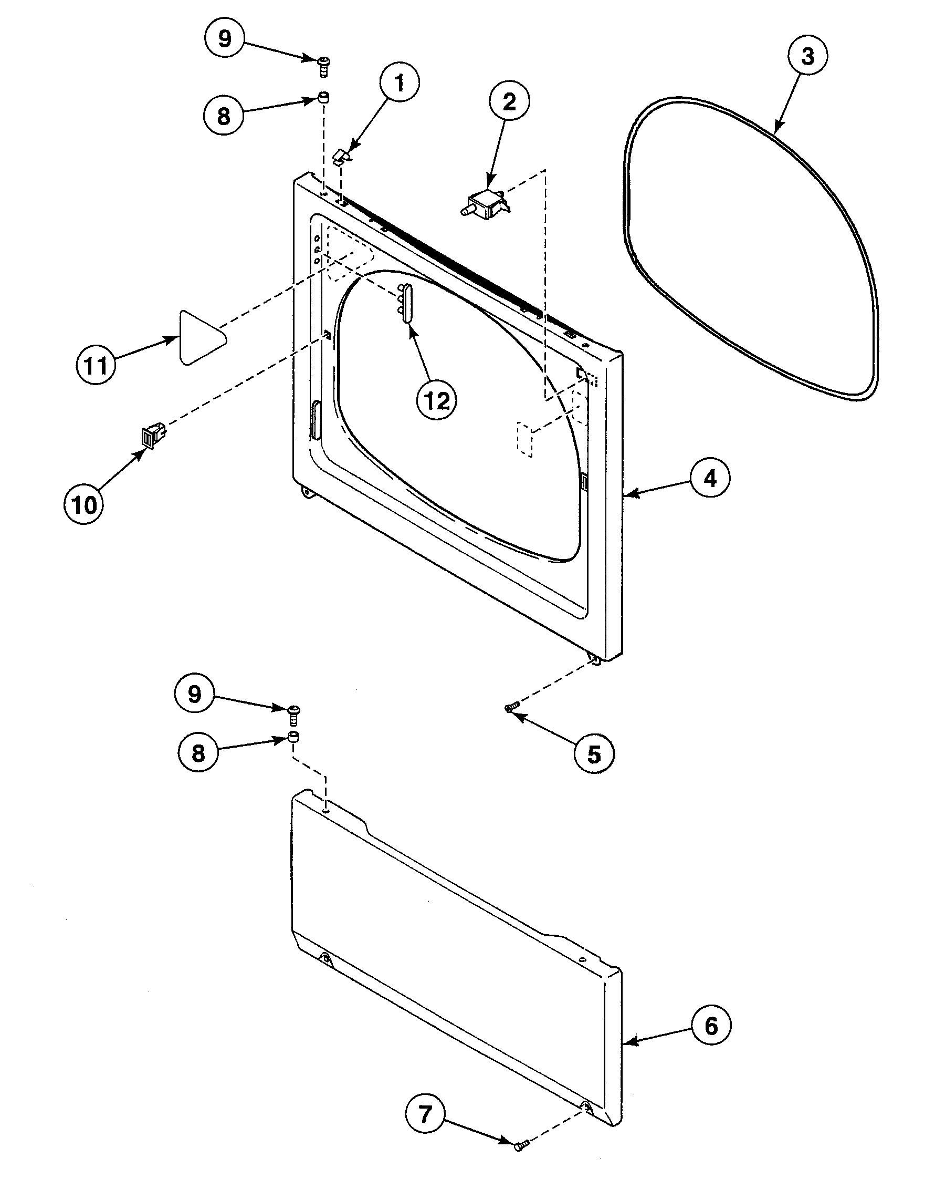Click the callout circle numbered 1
point(400,84)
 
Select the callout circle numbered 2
point(509,102)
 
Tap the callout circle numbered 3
point(807,56)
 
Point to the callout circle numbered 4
point(709,479)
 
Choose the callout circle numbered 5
point(593,754)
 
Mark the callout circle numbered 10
point(84,504)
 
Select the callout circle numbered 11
point(96,365)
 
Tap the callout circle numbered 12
point(436,401)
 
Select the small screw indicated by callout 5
point(510,708)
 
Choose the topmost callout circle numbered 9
point(225,39)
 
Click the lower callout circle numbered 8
point(198,752)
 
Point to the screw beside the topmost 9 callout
point(323,67)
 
